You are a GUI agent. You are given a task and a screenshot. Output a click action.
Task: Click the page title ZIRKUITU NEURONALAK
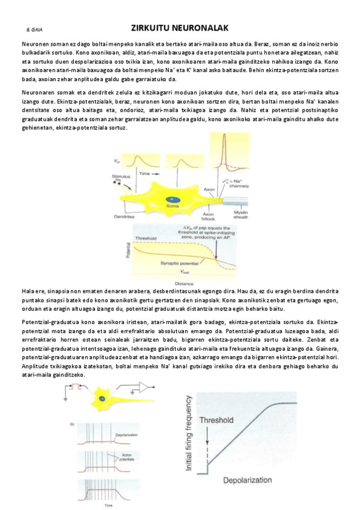coord(179,28)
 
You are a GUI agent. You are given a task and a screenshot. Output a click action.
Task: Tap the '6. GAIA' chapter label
coord(34,29)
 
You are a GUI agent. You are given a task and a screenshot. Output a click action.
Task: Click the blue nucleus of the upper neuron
coord(173,198)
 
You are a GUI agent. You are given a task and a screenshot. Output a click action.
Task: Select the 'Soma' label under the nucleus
coord(173,206)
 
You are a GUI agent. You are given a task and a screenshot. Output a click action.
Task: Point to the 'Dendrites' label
coord(124,216)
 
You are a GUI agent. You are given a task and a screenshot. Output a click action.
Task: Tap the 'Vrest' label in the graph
coord(186,272)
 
